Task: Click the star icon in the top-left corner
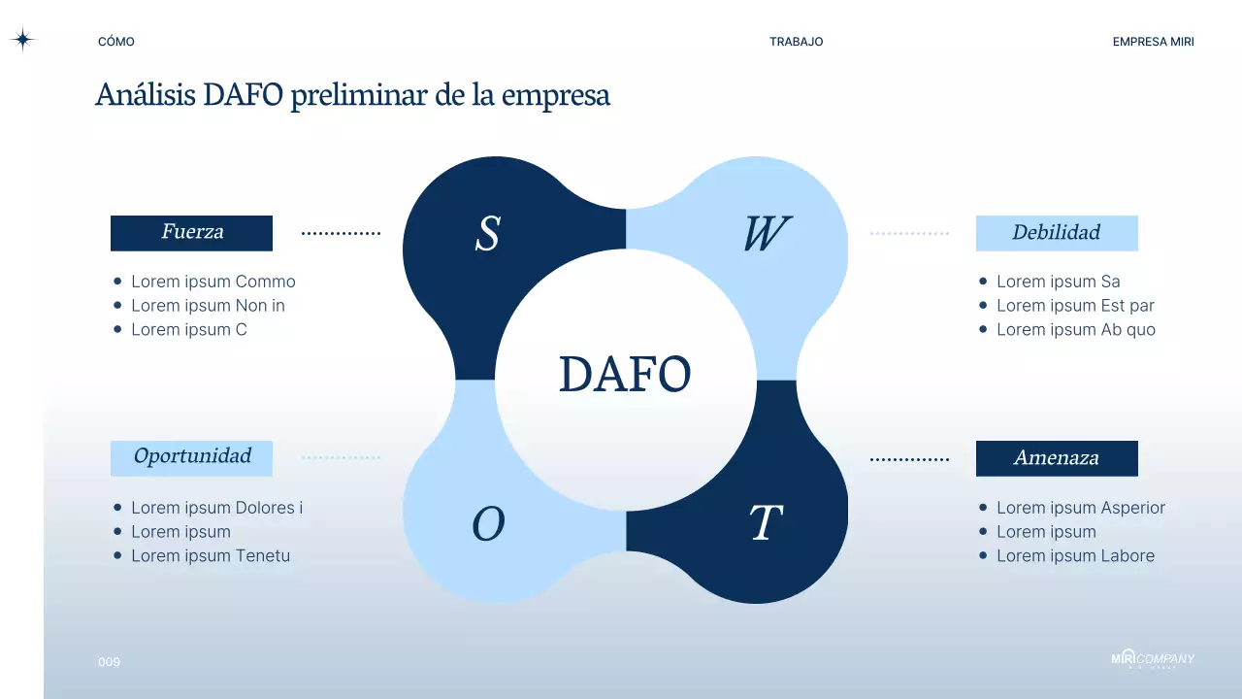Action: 22,40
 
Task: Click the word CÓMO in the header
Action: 116,42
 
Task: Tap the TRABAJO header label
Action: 796,42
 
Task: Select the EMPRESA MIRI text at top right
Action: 1153,42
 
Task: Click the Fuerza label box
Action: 191,233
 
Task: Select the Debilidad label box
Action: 1056,233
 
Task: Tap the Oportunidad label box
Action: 191,457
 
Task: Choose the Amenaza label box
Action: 1056,457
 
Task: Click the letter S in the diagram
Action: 487,234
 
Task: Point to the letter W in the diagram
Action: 766,234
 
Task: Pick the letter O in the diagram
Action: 488,525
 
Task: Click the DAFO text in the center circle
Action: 625,375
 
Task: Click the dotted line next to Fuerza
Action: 341,233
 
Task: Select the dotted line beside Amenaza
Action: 909,458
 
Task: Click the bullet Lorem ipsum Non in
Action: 208,306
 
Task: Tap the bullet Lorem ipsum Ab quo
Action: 1075,330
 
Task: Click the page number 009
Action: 109,662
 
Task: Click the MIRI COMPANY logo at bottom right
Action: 1152,659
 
